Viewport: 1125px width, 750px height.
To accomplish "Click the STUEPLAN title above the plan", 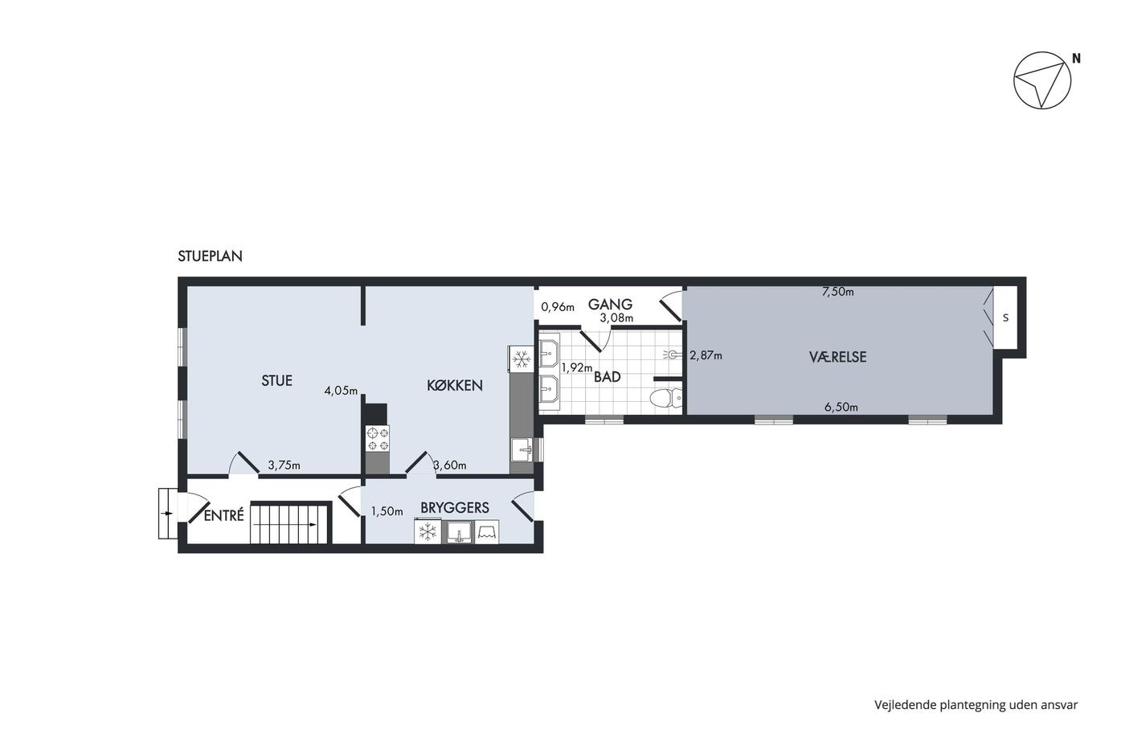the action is point(210,256).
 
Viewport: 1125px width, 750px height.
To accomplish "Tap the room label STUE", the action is point(276,381).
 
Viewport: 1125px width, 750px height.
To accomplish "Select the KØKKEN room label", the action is point(455,385).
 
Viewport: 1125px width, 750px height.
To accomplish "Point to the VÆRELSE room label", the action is point(837,357).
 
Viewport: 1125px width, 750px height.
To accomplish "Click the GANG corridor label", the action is point(610,304).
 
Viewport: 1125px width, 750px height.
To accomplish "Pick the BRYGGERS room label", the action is point(455,508).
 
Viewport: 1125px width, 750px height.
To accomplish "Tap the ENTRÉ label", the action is point(223,515).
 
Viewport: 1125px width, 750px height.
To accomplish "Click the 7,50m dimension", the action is point(837,292).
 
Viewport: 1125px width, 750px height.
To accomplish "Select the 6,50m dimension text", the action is point(841,407).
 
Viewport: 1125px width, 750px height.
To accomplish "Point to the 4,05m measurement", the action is point(341,391).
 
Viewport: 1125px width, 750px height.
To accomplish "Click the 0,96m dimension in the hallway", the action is point(558,307).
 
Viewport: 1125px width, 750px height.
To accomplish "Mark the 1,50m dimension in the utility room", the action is point(387,511).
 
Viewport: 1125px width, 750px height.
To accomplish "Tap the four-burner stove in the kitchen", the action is point(378,439).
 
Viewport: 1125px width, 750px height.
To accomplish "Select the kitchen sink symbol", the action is point(522,450).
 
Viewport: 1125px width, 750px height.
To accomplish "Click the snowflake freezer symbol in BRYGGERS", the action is point(427,531).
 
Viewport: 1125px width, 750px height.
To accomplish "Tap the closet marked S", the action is point(1005,317).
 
